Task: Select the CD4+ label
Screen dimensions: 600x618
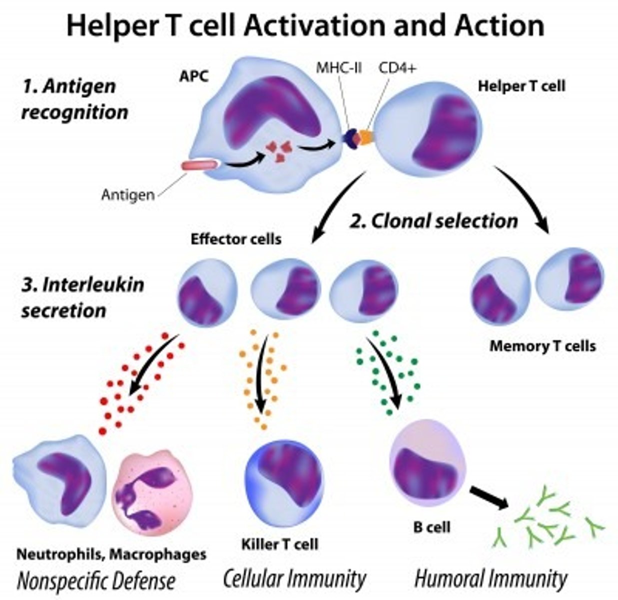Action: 397,68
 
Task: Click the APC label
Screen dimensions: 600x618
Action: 194,76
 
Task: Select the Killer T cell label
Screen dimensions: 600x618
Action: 280,543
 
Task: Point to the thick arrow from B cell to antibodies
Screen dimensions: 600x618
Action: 489,497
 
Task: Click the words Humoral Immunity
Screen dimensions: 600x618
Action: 491,579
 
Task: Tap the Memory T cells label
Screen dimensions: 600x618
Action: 543,345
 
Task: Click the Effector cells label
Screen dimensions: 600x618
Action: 236,239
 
